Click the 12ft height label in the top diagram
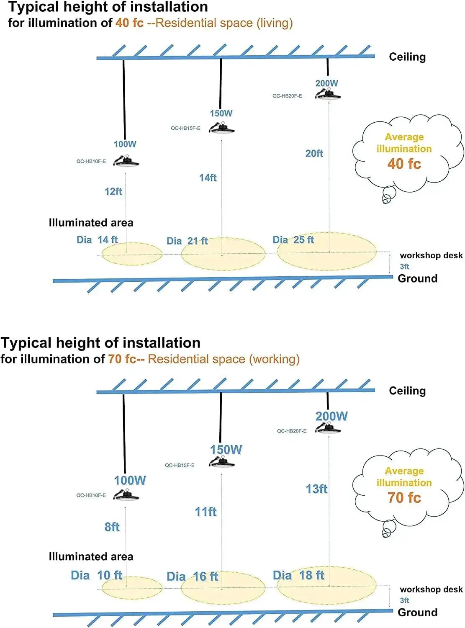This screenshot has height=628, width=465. (x=113, y=191)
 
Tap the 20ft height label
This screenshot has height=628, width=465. (x=314, y=154)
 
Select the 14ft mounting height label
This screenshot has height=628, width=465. (x=208, y=178)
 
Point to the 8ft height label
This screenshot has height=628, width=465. (x=112, y=527)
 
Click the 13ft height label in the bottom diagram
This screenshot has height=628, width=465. (x=316, y=489)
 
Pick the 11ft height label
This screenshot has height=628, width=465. (x=206, y=512)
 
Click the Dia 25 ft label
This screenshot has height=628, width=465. (x=293, y=240)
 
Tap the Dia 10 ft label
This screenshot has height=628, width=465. (x=97, y=575)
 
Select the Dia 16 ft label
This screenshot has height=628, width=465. (x=193, y=577)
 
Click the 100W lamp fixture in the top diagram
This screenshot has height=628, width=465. (x=126, y=161)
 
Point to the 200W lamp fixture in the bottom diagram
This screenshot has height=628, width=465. (x=328, y=428)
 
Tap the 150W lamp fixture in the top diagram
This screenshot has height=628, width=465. (x=222, y=128)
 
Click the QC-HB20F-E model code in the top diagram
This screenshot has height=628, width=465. (x=287, y=96)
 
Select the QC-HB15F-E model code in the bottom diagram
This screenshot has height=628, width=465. (x=180, y=465)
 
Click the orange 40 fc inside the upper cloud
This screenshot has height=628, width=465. (x=404, y=164)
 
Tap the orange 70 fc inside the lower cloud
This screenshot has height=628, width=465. (x=404, y=497)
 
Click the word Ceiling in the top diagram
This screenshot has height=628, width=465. (x=407, y=57)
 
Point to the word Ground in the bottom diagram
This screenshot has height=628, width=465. (x=417, y=613)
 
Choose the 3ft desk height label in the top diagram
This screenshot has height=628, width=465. (x=404, y=266)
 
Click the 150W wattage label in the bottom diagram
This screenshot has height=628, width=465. (x=226, y=450)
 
